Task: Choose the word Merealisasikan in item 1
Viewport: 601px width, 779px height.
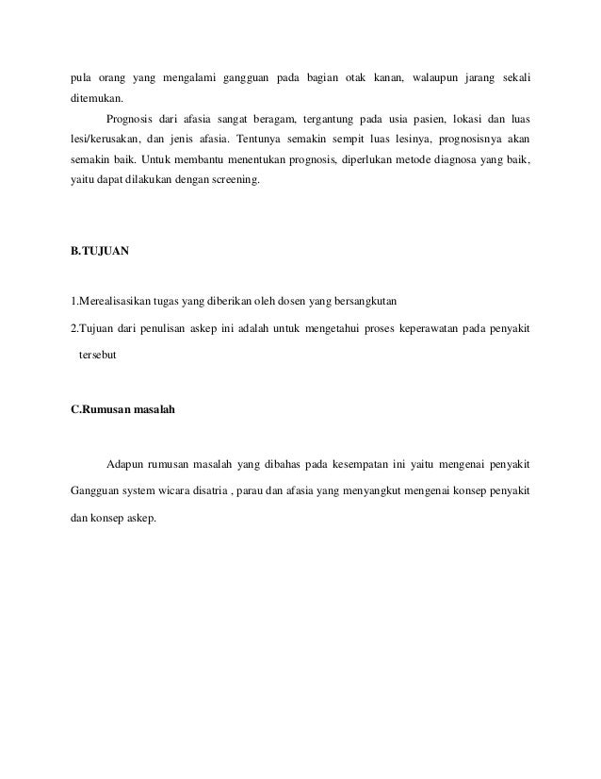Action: pos(114,302)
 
